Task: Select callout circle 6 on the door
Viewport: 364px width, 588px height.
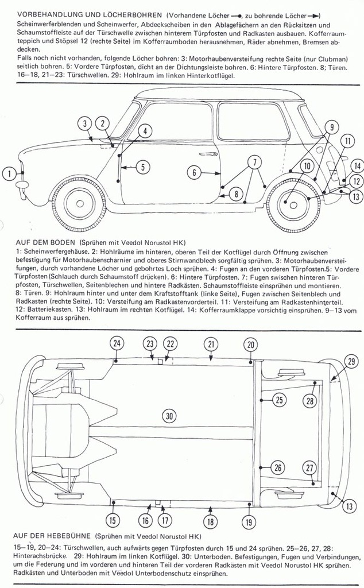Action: tap(195, 172)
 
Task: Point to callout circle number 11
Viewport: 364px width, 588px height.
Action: tap(347, 141)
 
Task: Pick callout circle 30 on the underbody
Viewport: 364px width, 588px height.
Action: tap(168, 416)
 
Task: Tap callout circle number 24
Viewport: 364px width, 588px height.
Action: tap(117, 343)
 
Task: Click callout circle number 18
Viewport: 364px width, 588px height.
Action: tap(211, 521)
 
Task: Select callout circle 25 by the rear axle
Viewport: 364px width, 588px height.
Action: tap(279, 400)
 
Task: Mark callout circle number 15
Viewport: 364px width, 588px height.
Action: tap(113, 521)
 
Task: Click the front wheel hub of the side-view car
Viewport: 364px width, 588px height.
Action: tap(77, 205)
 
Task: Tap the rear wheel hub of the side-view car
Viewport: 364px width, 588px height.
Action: tap(293, 205)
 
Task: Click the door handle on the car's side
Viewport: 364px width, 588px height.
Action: tap(212, 154)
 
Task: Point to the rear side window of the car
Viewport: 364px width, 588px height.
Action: tap(253, 121)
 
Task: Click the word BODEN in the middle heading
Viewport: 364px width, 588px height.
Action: tap(59, 243)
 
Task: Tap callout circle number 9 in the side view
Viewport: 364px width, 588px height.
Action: tap(331, 127)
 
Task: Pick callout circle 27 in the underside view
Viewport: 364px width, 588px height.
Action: tap(310, 467)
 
